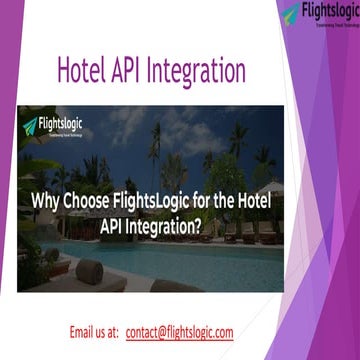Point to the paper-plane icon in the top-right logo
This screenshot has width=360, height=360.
pyautogui.click(x=289, y=14)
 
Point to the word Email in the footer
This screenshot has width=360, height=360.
pyautogui.click(x=84, y=332)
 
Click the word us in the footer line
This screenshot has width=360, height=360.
pyautogui.click(x=106, y=332)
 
